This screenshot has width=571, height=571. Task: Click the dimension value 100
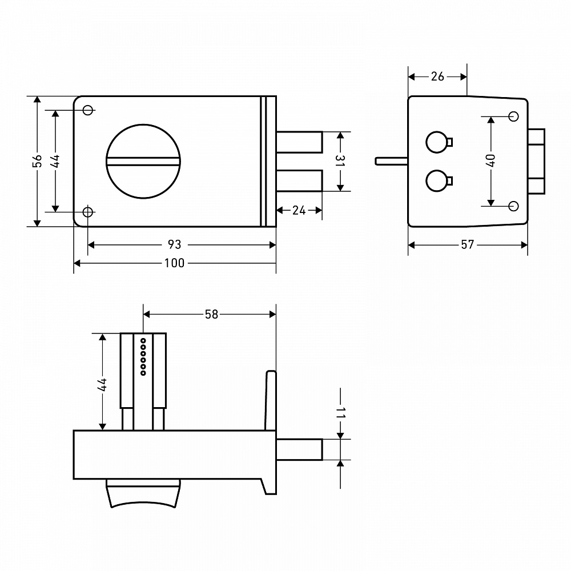[x=174, y=263]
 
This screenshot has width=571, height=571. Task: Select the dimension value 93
[x=174, y=244]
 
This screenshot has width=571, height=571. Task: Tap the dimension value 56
[x=37, y=161]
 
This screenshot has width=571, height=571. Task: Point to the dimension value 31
[x=340, y=160]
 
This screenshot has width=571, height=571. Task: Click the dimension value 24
[x=299, y=210]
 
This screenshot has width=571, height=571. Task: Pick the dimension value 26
[x=437, y=77]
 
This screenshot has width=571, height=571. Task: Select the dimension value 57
[x=468, y=244]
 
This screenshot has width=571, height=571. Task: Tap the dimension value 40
[x=490, y=160]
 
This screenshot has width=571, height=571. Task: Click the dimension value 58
[x=211, y=314]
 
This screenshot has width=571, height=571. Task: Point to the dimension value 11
[x=340, y=413]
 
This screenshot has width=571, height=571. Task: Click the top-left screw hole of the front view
[x=88, y=110]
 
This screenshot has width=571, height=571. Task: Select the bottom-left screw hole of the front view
[x=88, y=212]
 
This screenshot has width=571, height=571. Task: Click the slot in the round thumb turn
[x=143, y=162]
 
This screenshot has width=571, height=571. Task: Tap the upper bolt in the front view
[x=299, y=142]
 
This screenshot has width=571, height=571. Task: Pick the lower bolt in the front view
[x=299, y=180]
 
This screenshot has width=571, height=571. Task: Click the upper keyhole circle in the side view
[x=437, y=142]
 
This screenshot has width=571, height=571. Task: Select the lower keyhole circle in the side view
[x=437, y=180]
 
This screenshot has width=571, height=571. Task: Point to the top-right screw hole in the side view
[x=513, y=116]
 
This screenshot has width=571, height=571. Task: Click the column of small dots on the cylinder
[x=143, y=357]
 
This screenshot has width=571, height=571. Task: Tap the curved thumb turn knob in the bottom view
[x=143, y=493]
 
